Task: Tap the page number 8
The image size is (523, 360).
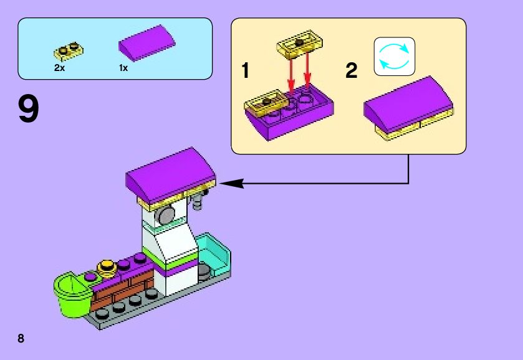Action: tap(21, 338)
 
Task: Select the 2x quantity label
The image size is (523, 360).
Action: tap(59, 68)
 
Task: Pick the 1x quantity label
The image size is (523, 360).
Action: tap(123, 68)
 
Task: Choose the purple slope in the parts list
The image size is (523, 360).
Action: tap(147, 45)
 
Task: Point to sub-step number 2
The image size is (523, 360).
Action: tap(352, 71)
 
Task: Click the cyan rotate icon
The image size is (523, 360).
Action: tap(394, 57)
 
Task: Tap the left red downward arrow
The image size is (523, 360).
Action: tap(290, 78)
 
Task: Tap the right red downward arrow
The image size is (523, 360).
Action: tap(307, 75)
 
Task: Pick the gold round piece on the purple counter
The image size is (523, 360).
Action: tap(108, 267)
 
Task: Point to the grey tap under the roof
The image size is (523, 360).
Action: tap(200, 200)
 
